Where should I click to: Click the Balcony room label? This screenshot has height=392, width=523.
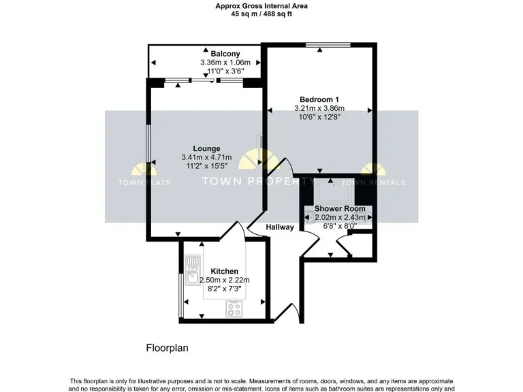[x=224, y=54]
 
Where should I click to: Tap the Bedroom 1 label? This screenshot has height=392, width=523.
[x=319, y=99]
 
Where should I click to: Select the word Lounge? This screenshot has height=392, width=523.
[x=206, y=148]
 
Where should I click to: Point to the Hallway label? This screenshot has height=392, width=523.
[x=280, y=227]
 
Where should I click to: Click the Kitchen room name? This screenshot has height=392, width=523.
[x=224, y=271]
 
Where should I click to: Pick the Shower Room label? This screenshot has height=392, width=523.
[x=339, y=208]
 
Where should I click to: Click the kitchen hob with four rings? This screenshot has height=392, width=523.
[x=235, y=308]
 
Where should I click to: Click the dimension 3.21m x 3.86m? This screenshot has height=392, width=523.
[x=319, y=108]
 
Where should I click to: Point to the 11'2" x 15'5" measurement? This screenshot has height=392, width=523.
[x=206, y=165]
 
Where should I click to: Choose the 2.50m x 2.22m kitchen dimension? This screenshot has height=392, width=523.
[x=224, y=280]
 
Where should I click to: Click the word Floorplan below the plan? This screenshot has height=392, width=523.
[x=167, y=348]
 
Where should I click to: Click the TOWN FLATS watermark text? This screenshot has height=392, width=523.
[x=144, y=182]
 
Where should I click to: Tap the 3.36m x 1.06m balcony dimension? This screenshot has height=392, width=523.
[x=224, y=62]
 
